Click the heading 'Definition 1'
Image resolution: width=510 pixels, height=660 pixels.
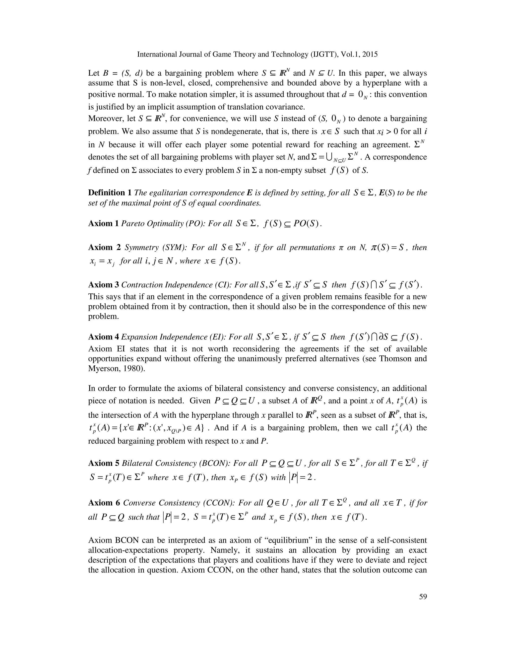(x=110, y=193)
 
